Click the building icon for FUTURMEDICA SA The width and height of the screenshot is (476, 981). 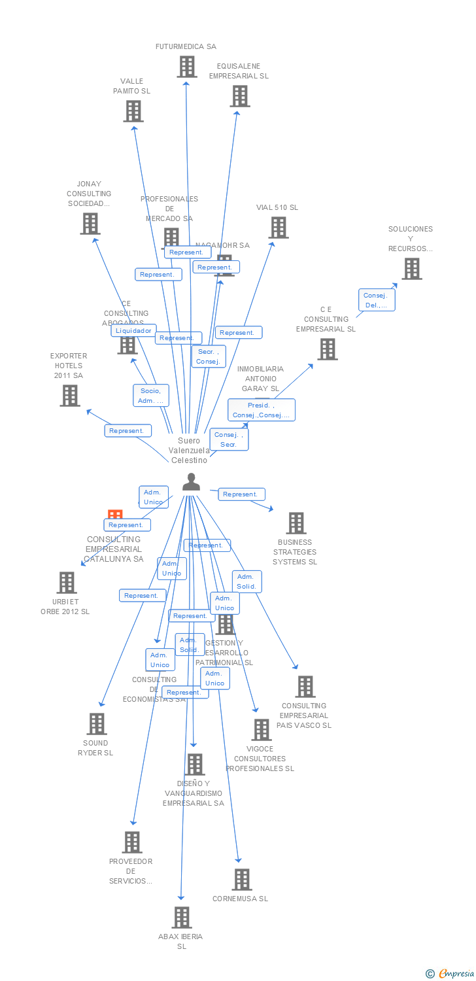(187, 67)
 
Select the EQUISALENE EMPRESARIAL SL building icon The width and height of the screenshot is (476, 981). (240, 96)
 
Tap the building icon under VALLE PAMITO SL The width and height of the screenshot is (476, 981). (133, 111)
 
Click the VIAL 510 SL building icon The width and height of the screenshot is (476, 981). (279, 228)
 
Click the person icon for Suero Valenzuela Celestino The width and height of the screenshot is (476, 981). (191, 482)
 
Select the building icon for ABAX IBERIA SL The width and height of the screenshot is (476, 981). (182, 918)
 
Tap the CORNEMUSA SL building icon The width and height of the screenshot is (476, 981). (242, 880)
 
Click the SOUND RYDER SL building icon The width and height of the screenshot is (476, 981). (97, 724)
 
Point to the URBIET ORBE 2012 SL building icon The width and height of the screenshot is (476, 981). (67, 583)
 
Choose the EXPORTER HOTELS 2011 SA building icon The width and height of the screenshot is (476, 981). (70, 396)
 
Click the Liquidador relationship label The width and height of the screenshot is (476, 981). (134, 331)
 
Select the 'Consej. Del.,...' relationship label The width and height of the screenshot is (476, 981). (377, 300)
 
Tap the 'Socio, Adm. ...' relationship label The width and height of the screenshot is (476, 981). (151, 396)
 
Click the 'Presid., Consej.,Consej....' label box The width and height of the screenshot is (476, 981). (262, 410)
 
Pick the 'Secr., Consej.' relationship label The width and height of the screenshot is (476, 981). (209, 356)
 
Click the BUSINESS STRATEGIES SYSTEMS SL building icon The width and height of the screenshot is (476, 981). (296, 523)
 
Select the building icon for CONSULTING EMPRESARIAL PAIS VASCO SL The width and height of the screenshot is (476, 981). (305, 687)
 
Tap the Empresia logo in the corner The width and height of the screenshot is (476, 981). (450, 974)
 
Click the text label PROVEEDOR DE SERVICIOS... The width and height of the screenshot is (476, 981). (131, 871)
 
